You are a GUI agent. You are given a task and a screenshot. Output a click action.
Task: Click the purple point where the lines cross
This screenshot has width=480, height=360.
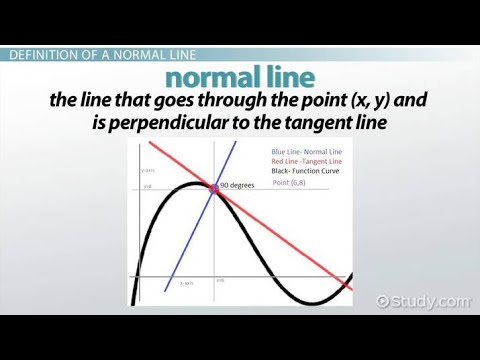click(x=214, y=186)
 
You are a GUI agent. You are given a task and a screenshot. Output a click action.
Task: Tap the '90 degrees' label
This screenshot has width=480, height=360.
click(x=236, y=185)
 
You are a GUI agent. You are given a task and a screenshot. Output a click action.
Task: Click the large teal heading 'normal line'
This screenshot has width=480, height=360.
click(x=239, y=77)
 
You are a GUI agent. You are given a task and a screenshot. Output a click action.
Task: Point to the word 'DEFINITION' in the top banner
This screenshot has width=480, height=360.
click(x=42, y=54)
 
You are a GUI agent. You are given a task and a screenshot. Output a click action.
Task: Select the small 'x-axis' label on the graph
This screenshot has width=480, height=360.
click(x=187, y=283)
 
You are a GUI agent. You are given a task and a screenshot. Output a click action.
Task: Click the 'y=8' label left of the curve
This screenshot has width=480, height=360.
click(x=148, y=186)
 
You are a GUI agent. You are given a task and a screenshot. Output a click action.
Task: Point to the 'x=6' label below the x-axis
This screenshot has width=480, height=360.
click(x=220, y=280)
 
